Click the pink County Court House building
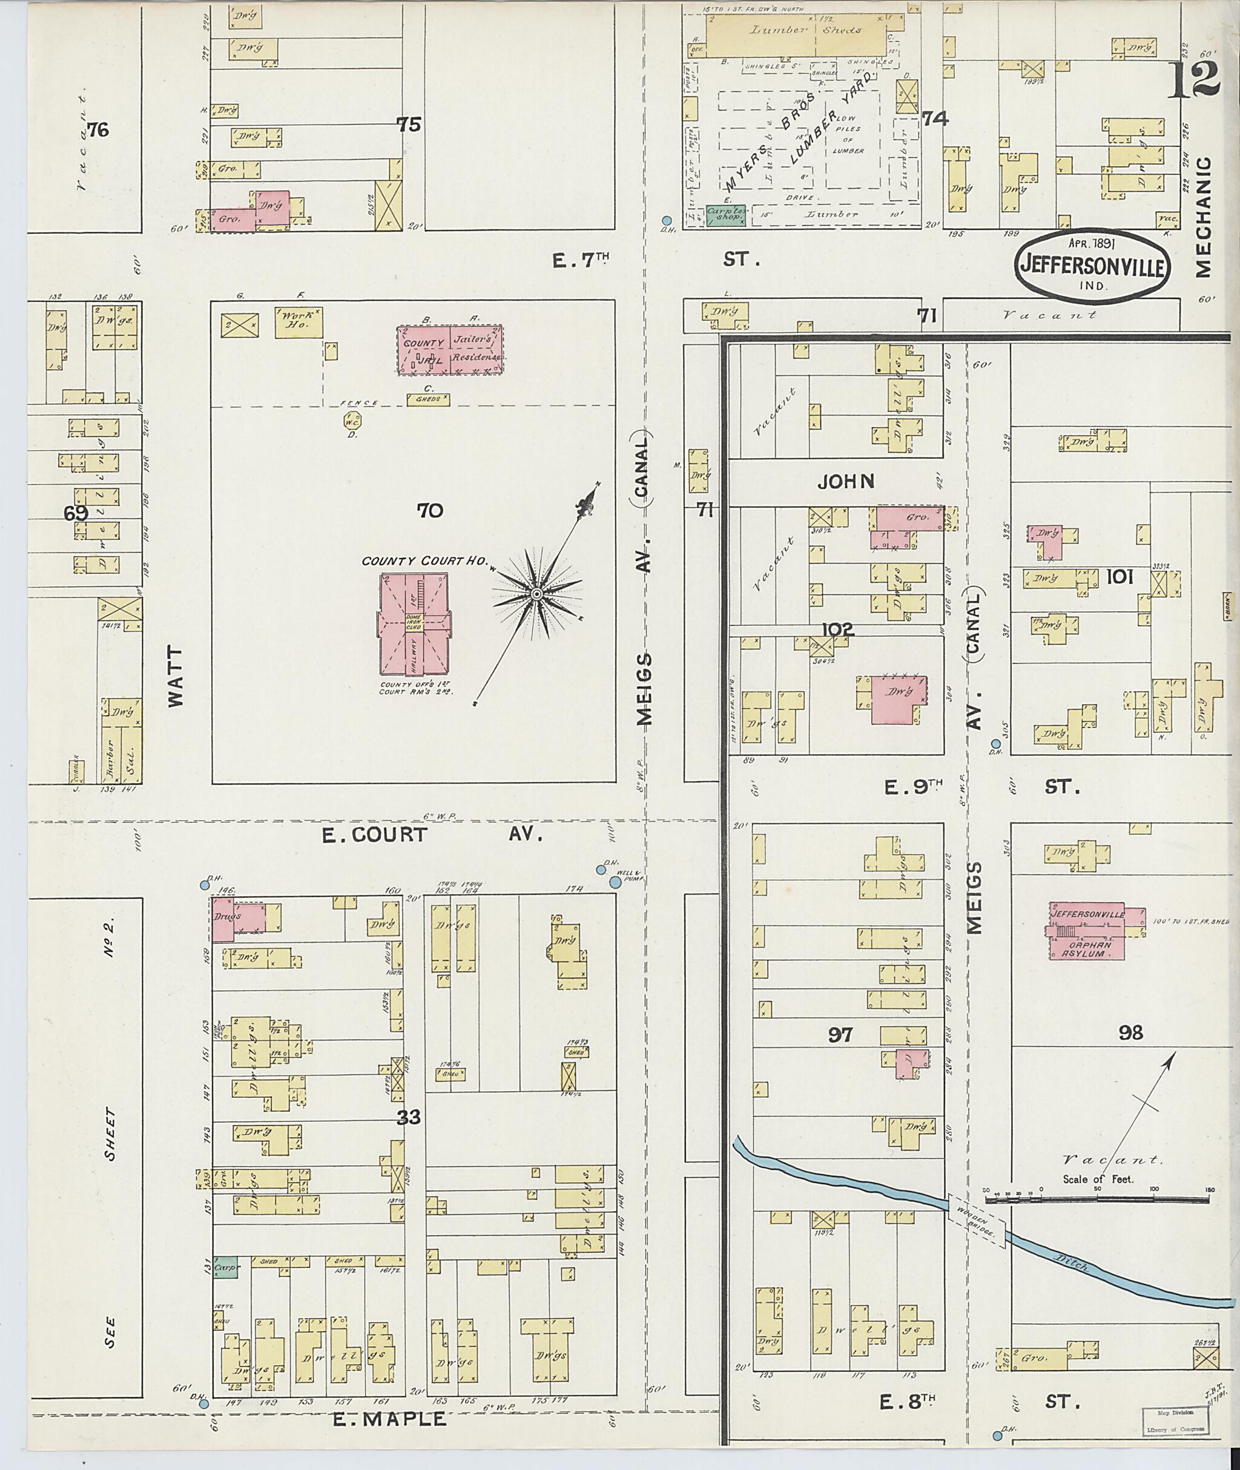414,623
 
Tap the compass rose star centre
536,594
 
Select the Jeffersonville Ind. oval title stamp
1091,266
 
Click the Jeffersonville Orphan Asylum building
1087,930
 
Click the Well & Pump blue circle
616,882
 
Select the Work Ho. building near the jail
298,322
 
